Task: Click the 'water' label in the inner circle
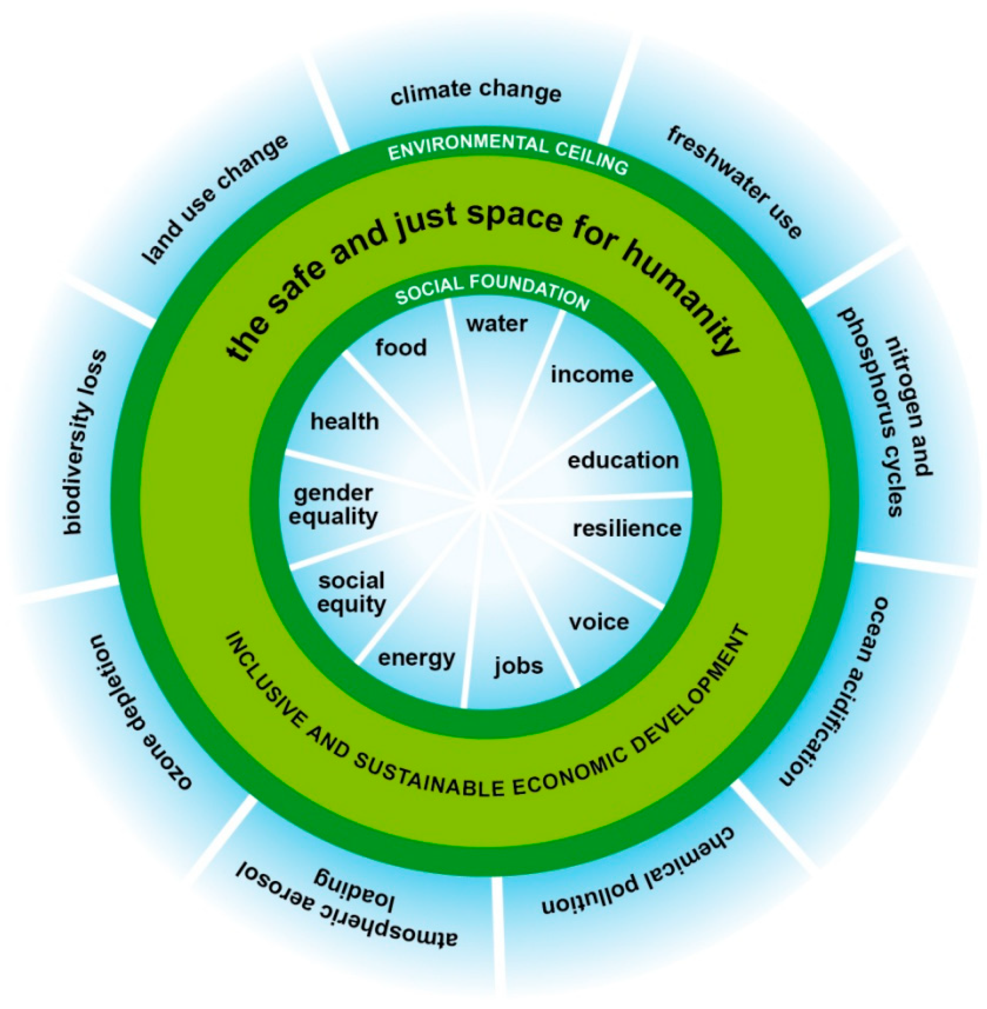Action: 497,324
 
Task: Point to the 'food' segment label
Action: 401,347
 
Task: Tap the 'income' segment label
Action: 591,374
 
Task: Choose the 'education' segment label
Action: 623,460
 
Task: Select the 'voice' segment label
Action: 599,622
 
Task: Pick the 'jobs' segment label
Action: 518,666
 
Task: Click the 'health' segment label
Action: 345,422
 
